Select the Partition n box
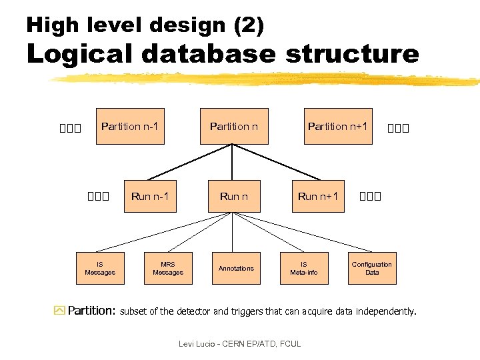[234, 126]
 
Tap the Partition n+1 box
[337, 126]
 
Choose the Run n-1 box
[150, 196]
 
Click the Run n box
[234, 196]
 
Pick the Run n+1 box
[318, 196]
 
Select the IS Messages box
[100, 268]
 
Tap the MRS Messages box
[168, 268]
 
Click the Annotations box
[237, 268]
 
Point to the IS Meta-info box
[304, 268]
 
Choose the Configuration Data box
[372, 268]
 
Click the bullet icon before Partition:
[59, 311]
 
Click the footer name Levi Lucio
[197, 344]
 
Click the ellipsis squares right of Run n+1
[370, 197]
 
